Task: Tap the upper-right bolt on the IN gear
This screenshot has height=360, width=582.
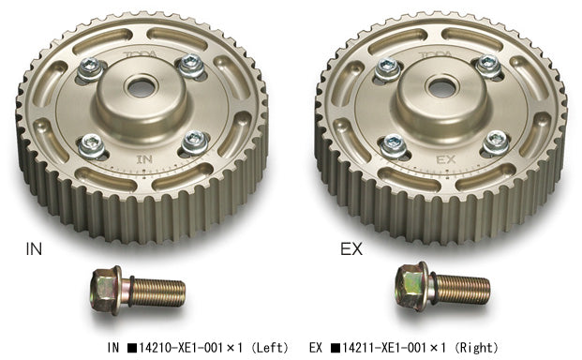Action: point(191,63)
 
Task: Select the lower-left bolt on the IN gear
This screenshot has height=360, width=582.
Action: point(93,142)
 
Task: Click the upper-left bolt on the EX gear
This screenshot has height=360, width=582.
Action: point(385,67)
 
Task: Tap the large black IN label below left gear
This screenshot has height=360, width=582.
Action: point(33,251)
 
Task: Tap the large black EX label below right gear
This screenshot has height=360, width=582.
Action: point(351,251)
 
